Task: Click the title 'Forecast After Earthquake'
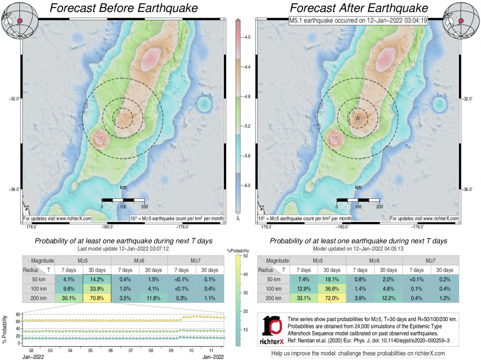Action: pos(359,9)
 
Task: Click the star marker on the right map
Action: pos(358,117)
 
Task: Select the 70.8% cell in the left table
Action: pos(97,298)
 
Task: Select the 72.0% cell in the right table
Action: pos(332,298)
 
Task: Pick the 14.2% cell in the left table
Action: pos(97,279)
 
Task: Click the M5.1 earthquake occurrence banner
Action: pos(358,21)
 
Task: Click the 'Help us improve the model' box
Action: pos(358,353)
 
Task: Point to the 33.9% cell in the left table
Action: pos(97,289)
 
